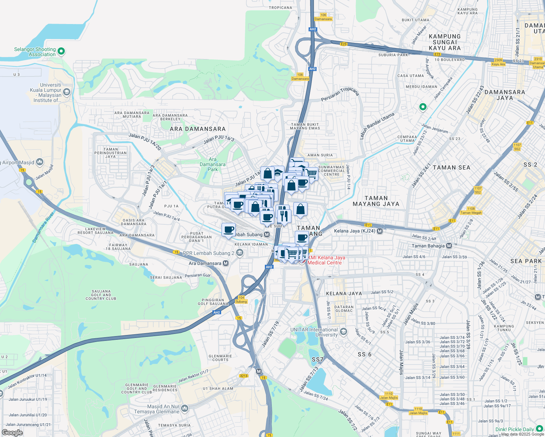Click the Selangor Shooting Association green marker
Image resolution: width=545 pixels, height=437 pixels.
61,51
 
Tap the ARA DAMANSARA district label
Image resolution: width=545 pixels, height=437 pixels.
198,129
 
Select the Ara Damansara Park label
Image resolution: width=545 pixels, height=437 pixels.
213,164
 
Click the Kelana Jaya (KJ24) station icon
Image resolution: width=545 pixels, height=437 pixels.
380,231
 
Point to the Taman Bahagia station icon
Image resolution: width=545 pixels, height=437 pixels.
449,246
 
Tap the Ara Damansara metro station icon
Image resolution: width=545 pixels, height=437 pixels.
226,263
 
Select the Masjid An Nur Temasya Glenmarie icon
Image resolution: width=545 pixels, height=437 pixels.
185,409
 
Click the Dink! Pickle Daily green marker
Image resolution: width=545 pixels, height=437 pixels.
539,429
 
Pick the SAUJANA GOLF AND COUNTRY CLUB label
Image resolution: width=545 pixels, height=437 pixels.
101,295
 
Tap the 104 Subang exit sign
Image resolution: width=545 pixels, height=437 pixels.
241,300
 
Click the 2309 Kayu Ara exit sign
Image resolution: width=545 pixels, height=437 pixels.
498,62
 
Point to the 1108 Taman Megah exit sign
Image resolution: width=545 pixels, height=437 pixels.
471,211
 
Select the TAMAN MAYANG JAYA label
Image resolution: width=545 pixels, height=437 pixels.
376,201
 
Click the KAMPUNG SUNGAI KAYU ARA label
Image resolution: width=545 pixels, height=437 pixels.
444,42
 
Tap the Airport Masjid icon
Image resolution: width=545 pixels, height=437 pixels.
40,162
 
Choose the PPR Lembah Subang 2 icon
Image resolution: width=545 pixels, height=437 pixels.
240,253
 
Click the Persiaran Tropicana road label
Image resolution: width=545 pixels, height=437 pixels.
340,94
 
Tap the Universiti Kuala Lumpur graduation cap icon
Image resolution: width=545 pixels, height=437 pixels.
66,92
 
